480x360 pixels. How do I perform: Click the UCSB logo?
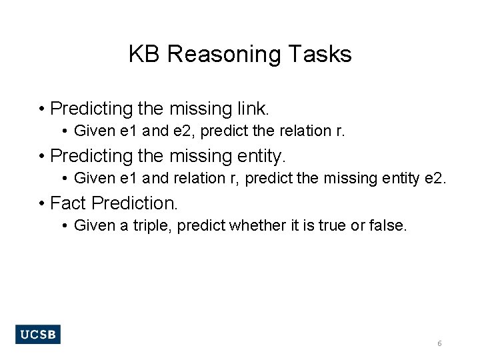pyautogui.click(x=38, y=335)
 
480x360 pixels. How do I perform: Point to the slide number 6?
pyautogui.click(x=439, y=343)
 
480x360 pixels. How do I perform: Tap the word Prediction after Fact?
pyautogui.click(x=135, y=203)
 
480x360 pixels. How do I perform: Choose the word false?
pyautogui.click(x=385, y=226)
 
